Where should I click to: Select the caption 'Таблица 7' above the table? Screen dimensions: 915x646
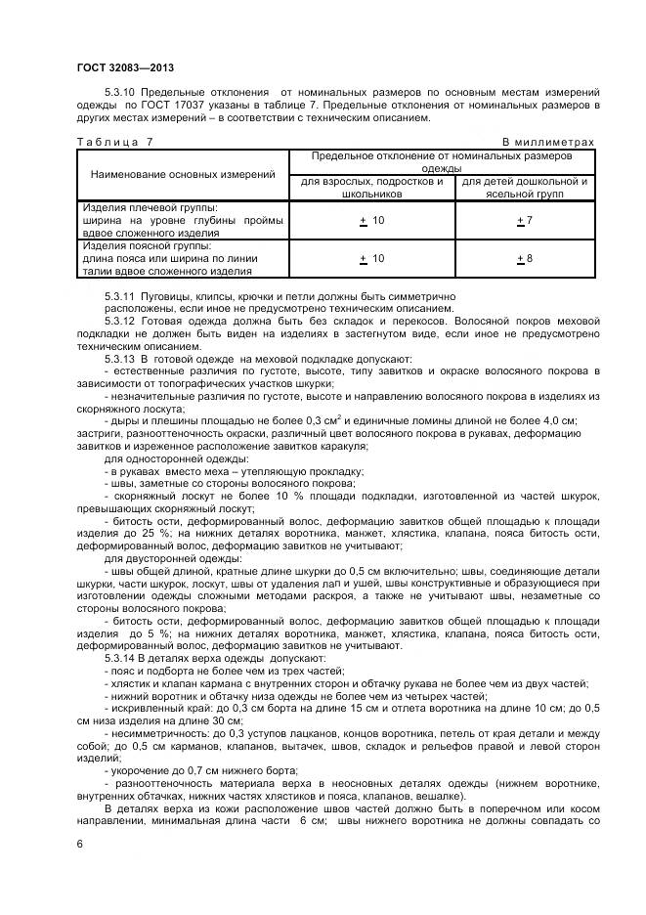coord(115,142)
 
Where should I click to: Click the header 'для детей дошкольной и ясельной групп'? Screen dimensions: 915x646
coord(524,187)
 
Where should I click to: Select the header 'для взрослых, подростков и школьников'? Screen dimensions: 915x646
coord(371,187)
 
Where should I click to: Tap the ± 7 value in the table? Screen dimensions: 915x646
coord(524,221)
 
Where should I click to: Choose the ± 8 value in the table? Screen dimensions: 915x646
coord(524,258)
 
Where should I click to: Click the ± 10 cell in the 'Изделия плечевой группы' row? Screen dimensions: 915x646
coord(371,221)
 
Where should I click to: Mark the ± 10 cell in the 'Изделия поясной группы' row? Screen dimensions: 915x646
coord(371,258)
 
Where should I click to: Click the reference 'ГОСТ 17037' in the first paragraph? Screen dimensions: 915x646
coord(181,104)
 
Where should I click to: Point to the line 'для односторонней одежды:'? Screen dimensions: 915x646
coord(163,458)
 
